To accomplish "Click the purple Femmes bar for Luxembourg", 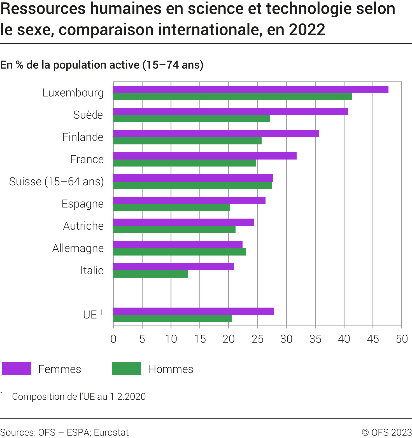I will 251,89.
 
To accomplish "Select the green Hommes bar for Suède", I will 191,119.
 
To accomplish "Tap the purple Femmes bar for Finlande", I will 216,134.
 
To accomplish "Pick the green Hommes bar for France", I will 185,163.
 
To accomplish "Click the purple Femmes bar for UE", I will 193,311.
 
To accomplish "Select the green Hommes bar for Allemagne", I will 180,252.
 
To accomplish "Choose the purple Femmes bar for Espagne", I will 189,200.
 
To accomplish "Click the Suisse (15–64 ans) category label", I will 56,182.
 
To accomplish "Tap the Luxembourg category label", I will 73,93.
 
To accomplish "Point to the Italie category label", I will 92,270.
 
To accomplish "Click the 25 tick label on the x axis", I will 257,339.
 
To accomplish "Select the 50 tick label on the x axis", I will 402,339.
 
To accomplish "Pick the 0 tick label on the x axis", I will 113,339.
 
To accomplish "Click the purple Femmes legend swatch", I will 16,369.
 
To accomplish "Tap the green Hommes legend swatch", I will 126,369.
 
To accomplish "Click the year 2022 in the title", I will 307,30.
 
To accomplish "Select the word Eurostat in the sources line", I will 111,432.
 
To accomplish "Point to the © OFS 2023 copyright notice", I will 387,432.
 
